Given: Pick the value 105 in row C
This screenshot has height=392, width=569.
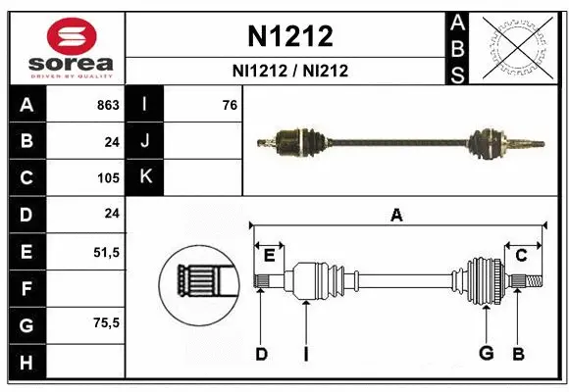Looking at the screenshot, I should (108, 178).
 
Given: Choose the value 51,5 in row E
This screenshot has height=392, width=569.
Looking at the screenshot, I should (106, 252).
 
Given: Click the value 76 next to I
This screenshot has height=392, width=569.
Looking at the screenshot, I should (230, 105).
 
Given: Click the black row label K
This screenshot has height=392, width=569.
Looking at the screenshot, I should (145, 177).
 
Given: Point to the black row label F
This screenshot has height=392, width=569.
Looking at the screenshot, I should (26, 288).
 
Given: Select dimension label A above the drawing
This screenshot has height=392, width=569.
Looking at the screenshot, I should (396, 216).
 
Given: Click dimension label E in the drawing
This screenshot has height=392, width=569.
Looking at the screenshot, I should (269, 256).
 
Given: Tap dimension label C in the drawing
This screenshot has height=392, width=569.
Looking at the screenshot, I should (522, 255).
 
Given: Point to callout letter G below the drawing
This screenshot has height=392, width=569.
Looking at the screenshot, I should (484, 354).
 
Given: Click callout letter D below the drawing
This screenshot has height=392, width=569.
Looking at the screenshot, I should (261, 354).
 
